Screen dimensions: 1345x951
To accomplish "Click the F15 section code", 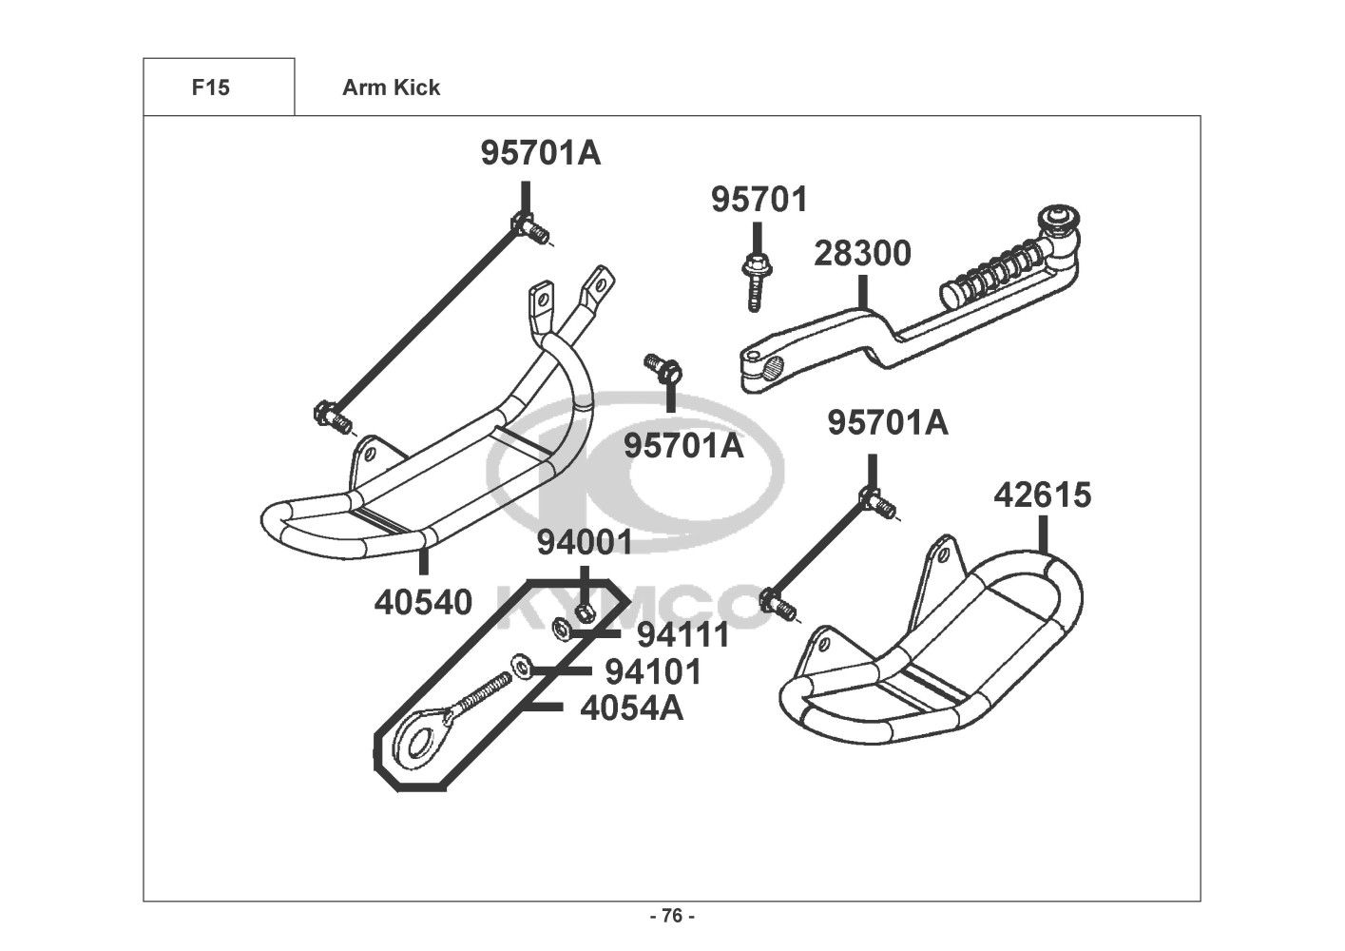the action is (210, 87).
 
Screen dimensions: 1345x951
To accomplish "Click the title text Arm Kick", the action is (391, 87).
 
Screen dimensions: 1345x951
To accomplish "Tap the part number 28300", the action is (862, 254).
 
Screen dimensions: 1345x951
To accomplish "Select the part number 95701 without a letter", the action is (759, 200).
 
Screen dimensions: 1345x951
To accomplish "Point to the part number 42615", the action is (1043, 495).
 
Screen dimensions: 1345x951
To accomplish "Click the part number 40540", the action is (423, 603).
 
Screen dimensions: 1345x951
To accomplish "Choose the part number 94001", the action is (585, 543).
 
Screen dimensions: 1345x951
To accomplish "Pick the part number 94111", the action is (683, 634).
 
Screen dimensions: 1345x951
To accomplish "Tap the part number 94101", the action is (653, 671).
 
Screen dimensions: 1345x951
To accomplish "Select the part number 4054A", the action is (632, 708).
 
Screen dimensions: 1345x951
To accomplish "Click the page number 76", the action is (673, 916).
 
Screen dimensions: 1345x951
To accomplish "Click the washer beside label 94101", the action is (521, 667).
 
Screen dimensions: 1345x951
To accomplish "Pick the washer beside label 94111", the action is (561, 630).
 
